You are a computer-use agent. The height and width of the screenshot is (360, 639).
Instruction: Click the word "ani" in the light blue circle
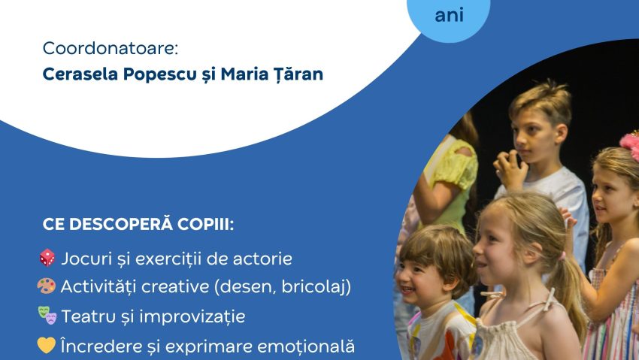pos(450,15)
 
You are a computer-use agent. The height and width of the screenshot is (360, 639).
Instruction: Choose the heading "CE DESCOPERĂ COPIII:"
pos(128,225)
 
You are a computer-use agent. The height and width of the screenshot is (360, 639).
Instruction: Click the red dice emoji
pos(47,259)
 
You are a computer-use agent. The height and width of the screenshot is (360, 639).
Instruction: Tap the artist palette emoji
pos(47,286)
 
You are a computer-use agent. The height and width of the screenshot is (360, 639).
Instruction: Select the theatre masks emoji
pos(47,316)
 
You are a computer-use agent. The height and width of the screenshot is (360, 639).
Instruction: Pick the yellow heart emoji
pos(47,346)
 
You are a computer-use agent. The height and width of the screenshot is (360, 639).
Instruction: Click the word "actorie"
pos(261,259)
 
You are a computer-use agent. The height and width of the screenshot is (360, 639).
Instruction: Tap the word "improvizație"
pos(197,316)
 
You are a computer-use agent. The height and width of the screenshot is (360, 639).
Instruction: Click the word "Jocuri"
pos(86,259)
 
